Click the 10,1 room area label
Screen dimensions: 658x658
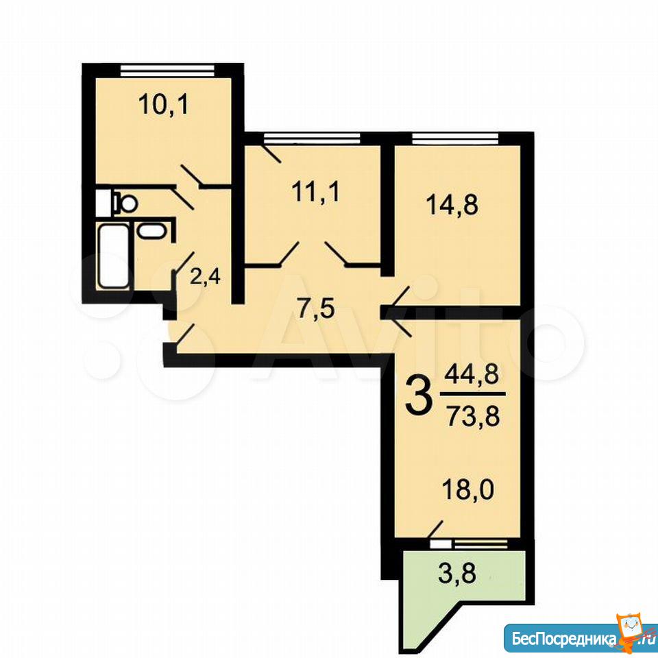coord(164,105)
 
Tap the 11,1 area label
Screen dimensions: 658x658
coord(315,193)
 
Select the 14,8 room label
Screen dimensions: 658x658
coord(452,206)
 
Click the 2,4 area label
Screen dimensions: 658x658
coord(205,278)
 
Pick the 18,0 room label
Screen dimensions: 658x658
coord(468,489)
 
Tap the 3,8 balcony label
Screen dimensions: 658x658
coord(457,574)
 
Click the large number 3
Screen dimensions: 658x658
coord(418,395)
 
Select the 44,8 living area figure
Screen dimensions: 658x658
coord(472,374)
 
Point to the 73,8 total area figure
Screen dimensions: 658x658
coord(473,417)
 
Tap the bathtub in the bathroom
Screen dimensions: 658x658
coord(113,256)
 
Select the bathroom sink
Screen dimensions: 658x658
coord(151,231)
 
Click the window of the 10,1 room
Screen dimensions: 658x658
coord(167,70)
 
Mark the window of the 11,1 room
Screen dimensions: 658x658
coord(313,138)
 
